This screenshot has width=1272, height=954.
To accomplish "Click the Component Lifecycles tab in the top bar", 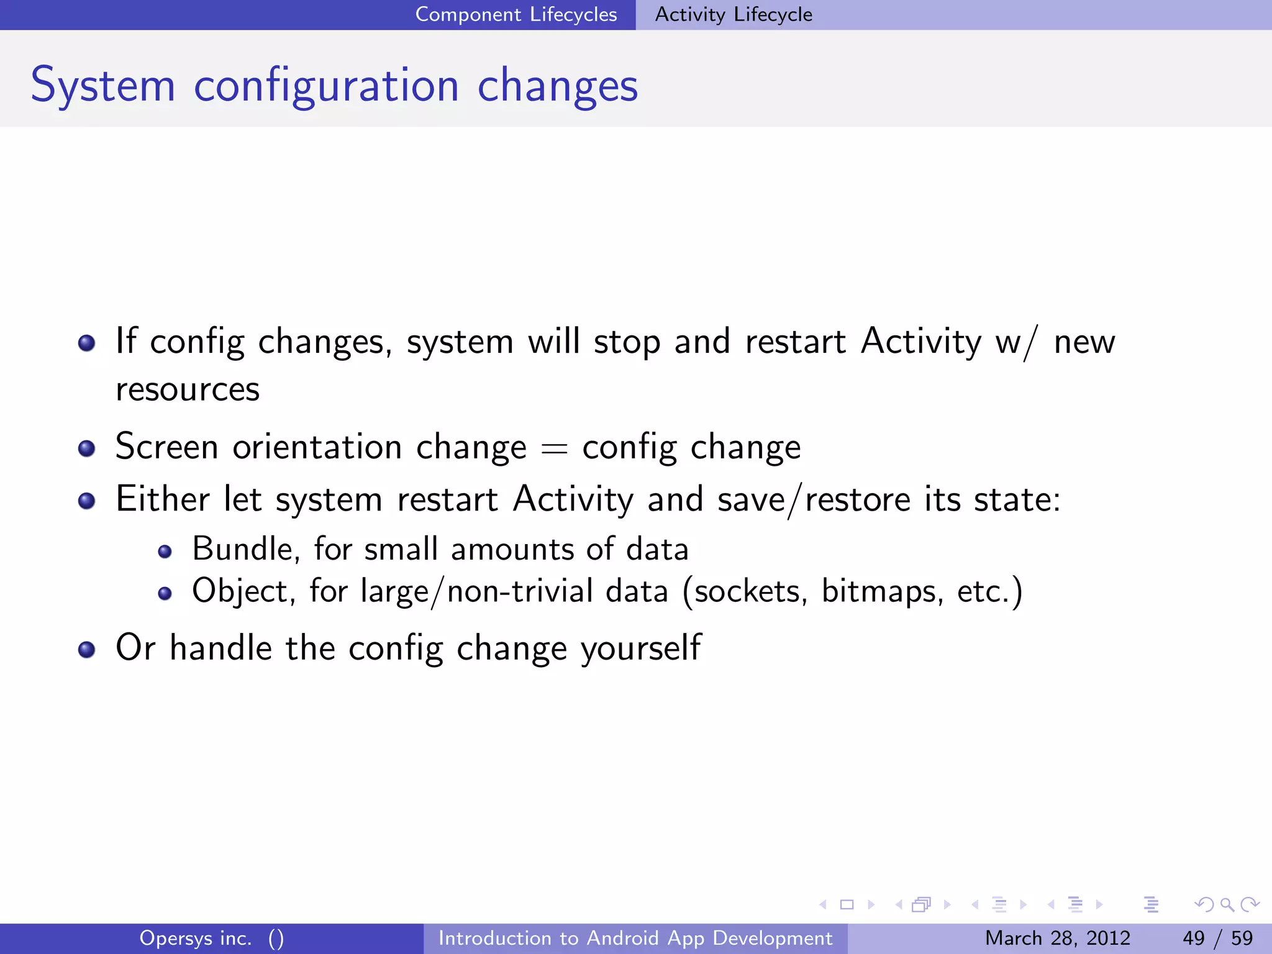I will tap(516, 14).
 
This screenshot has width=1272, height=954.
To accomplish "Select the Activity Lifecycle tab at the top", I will tap(733, 14).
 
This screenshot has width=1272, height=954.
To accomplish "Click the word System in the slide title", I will tap(103, 86).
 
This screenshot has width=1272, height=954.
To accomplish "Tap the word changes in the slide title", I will tap(557, 86).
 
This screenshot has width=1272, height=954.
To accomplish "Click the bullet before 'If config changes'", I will tap(86, 343).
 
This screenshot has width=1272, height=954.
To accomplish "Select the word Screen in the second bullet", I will tap(166, 447).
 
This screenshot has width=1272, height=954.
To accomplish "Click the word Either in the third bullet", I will tap(163, 499).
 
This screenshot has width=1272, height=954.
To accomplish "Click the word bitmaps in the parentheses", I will tap(878, 591).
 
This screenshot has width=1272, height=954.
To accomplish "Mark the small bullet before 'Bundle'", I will tap(165, 552).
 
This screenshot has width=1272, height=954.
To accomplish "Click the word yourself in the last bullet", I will tap(641, 648).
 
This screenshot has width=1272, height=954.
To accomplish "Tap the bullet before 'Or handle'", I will tap(86, 650).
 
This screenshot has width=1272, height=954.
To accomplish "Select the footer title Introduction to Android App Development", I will tap(635, 938).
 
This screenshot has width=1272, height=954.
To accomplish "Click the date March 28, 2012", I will tap(1057, 938).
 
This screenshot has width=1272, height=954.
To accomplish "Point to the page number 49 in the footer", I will tap(1193, 938).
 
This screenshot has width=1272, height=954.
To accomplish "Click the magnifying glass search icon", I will tap(1227, 905).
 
